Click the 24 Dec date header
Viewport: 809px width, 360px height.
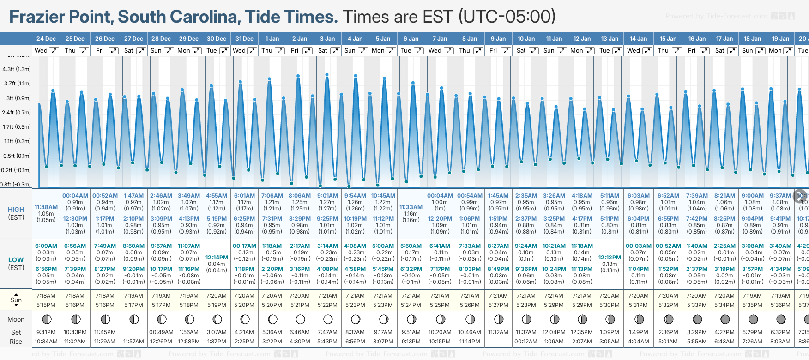coord(46,39)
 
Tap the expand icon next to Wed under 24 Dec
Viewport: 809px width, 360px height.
coord(54,51)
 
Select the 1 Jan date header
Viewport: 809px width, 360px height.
coord(272,39)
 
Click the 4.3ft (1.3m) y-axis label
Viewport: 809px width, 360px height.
coord(17,69)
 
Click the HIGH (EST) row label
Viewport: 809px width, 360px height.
coord(16,213)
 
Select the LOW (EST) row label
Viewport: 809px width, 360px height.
coord(16,264)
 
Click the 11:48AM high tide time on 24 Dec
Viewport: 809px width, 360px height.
coord(46,207)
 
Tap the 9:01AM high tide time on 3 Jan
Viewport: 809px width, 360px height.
coord(327,196)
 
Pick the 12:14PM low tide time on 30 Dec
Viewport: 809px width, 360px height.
coord(217,258)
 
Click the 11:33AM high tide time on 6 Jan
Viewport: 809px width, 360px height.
coord(411,207)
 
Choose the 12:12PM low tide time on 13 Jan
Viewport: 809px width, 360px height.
coord(610,258)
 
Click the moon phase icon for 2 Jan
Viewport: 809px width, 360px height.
coord(300,319)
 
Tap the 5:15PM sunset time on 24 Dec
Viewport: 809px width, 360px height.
coord(46,305)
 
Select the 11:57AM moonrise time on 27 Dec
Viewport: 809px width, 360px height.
coord(133,342)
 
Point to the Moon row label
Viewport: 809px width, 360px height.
coord(16,319)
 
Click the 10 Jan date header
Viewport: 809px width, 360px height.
coord(526,39)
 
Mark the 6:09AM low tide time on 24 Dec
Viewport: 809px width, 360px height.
coord(46,246)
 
